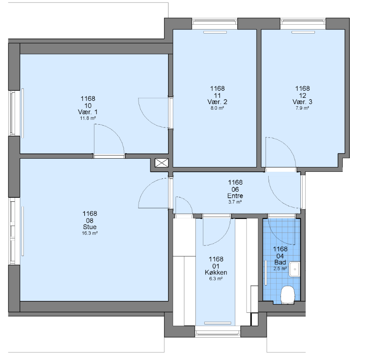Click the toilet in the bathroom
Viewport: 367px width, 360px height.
(x=288, y=295)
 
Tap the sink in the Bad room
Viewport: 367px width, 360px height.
(x=295, y=269)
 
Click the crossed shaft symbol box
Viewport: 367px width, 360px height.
(x=161, y=163)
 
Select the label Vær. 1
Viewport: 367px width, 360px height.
(x=88, y=112)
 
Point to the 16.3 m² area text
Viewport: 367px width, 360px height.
(x=90, y=233)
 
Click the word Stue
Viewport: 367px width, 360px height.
(x=90, y=227)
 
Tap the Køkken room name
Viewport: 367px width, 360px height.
(x=216, y=272)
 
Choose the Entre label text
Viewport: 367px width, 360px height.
(x=235, y=196)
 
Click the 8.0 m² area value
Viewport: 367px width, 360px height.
(x=217, y=108)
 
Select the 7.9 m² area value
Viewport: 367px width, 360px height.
(x=303, y=108)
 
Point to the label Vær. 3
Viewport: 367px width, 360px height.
(x=303, y=102)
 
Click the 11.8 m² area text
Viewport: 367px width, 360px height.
(x=88, y=118)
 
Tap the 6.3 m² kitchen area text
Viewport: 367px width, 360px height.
(x=216, y=278)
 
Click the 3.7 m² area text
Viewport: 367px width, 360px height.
(x=235, y=202)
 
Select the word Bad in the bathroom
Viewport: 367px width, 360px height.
(x=280, y=262)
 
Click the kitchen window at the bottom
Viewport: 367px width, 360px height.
(x=218, y=331)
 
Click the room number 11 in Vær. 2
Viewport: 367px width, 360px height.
(x=217, y=95)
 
